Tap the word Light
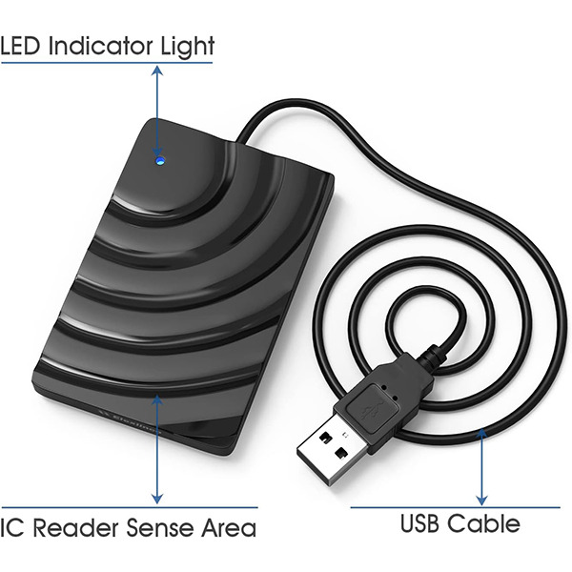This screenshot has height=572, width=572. point(191,45)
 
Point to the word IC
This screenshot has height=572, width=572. point(12,526)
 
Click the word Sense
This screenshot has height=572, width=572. point(151,526)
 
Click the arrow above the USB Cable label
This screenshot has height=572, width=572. point(482,467)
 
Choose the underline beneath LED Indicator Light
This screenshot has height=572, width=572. point(106,63)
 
